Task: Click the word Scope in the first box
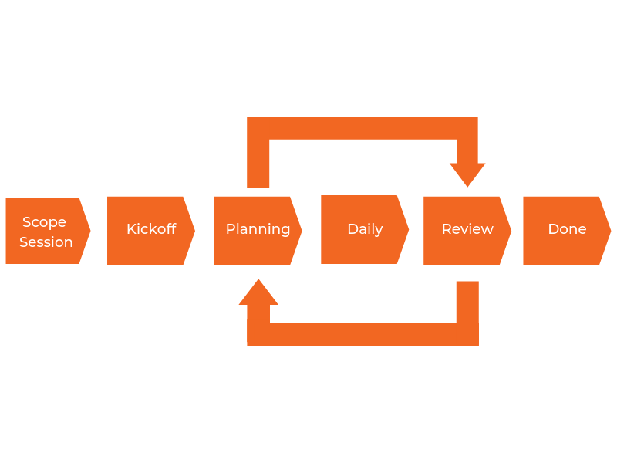point(44,222)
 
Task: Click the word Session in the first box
point(46,242)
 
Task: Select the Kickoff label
point(151,229)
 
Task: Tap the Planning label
point(258,229)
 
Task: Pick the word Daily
point(365,229)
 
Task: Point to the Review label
point(467,229)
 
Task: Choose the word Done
point(567,229)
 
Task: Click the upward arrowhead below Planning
point(258,292)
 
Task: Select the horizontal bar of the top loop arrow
point(362,128)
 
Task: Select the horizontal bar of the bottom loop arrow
point(362,334)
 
